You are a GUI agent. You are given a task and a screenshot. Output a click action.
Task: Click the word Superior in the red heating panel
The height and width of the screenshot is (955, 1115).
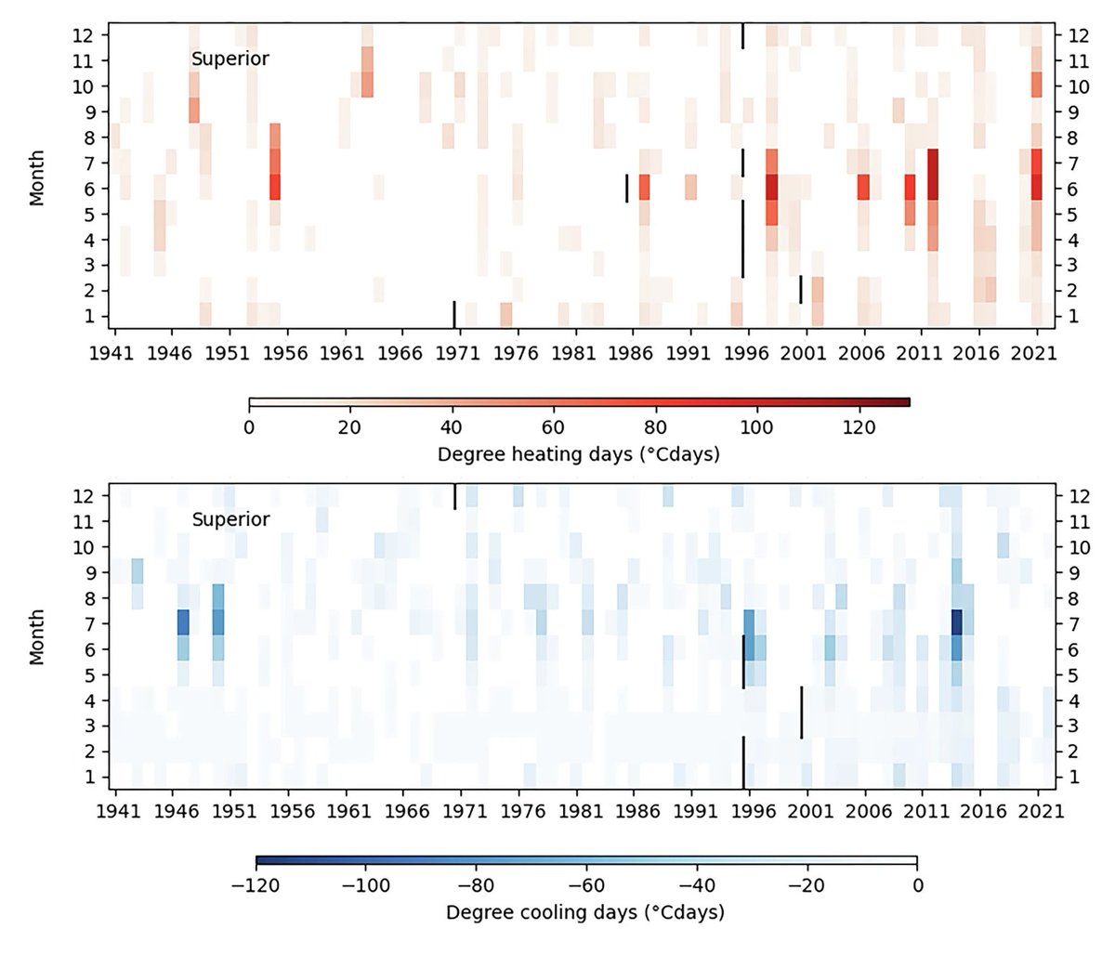(x=230, y=59)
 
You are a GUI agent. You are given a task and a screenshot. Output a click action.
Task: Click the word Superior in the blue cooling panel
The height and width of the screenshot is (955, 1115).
(x=230, y=519)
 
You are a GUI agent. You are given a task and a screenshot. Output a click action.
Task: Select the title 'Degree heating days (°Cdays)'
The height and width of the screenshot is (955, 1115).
(x=578, y=455)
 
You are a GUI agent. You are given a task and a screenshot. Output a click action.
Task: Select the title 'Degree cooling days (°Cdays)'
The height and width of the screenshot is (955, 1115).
(x=584, y=912)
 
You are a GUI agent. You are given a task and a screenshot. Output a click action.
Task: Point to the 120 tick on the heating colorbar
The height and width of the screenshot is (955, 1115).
(x=859, y=428)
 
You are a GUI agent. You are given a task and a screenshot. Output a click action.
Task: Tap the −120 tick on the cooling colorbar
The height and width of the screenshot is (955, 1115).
(x=256, y=885)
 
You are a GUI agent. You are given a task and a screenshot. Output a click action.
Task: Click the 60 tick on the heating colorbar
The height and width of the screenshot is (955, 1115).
(x=554, y=428)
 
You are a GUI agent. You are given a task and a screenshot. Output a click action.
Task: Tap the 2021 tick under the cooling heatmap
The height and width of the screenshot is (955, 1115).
(x=1036, y=811)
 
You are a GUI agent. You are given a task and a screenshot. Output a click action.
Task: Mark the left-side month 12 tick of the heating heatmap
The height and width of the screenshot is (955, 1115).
(x=90, y=35)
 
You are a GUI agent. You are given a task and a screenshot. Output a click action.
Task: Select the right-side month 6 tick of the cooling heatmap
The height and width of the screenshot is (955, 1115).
(x=1073, y=648)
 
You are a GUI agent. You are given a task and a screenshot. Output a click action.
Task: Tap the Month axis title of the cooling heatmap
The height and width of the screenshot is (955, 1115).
(x=37, y=636)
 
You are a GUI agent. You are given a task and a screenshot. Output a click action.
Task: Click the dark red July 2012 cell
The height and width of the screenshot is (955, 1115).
(x=933, y=163)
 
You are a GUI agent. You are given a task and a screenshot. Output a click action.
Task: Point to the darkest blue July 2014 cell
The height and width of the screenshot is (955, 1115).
(x=956, y=622)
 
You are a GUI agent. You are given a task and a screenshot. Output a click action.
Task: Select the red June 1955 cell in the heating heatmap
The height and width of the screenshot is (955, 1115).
(x=275, y=188)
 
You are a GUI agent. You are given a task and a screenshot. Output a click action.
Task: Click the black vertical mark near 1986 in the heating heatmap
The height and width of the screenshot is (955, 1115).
(x=626, y=188)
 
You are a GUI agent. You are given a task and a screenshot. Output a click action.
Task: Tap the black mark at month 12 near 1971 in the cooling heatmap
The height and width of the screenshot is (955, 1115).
(x=454, y=496)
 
